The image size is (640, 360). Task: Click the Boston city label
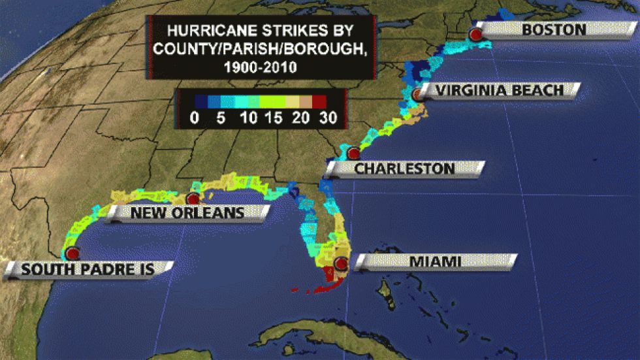(554, 29)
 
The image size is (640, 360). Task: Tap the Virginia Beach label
(500, 90)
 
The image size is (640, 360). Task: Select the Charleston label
(404, 169)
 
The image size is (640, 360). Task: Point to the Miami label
(435, 262)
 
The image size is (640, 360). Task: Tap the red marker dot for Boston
(477, 34)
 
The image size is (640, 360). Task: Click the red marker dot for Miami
(340, 264)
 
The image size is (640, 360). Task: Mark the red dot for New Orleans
(193, 199)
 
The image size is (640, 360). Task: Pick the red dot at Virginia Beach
(418, 94)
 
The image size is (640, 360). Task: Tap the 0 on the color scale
(193, 118)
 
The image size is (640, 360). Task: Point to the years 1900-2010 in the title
(261, 66)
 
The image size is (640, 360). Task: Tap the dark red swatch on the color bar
(319, 102)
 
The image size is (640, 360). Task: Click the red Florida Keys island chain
(307, 287)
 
